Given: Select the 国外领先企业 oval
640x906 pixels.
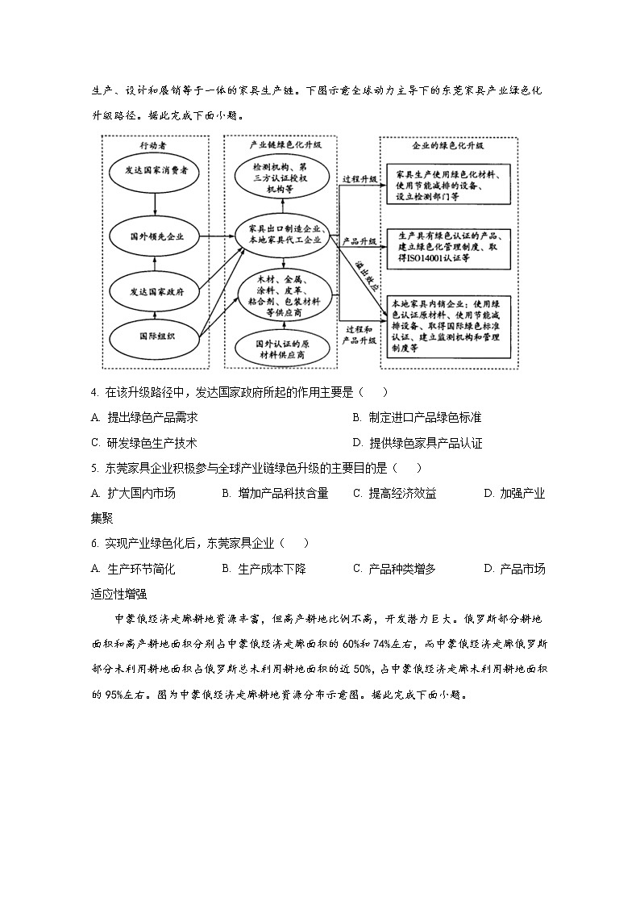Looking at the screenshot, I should (x=156, y=237).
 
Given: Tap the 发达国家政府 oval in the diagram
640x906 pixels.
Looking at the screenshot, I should (x=156, y=290).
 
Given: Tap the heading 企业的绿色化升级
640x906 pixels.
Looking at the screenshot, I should (x=448, y=147).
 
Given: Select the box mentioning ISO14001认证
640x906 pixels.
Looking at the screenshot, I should (x=448, y=246).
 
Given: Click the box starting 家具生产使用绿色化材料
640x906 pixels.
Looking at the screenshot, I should (x=448, y=185).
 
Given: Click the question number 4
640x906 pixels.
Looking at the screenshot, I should (x=94, y=393).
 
